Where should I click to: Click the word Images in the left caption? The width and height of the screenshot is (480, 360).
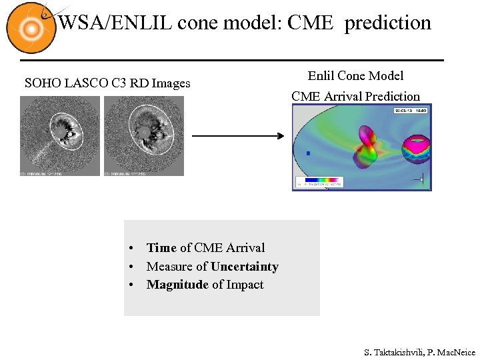171,83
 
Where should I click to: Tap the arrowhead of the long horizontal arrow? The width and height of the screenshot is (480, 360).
280,136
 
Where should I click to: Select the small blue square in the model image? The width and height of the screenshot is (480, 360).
308,154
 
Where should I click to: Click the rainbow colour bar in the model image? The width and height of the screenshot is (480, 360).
323,180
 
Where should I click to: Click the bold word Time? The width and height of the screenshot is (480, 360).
161,248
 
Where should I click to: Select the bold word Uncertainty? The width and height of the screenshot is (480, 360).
245,267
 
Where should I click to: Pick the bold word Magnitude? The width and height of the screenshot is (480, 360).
177,285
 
